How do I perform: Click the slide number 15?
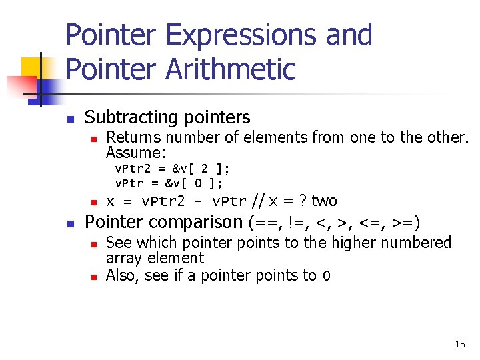(x=460, y=344)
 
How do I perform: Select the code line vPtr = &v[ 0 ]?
(x=169, y=183)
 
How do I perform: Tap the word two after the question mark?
(x=324, y=201)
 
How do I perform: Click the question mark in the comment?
(x=303, y=201)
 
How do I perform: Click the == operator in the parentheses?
(x=262, y=222)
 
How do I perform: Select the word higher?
(x=354, y=243)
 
